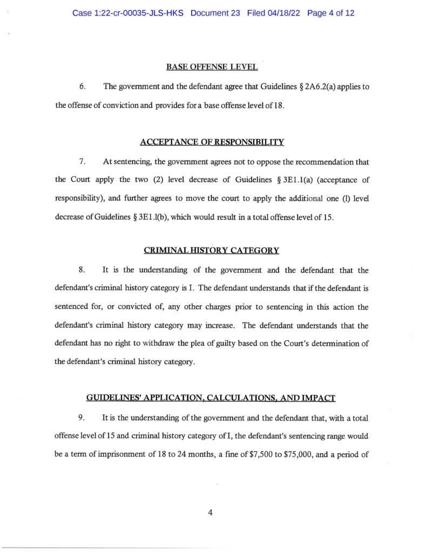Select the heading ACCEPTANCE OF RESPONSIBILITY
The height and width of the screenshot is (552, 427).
pyautogui.click(x=212, y=142)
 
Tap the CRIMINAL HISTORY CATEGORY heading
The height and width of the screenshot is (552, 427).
pyautogui.click(x=212, y=250)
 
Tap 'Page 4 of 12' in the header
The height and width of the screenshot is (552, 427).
pyautogui.click(x=330, y=13)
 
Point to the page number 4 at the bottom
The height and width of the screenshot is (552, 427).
pyautogui.click(x=210, y=513)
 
